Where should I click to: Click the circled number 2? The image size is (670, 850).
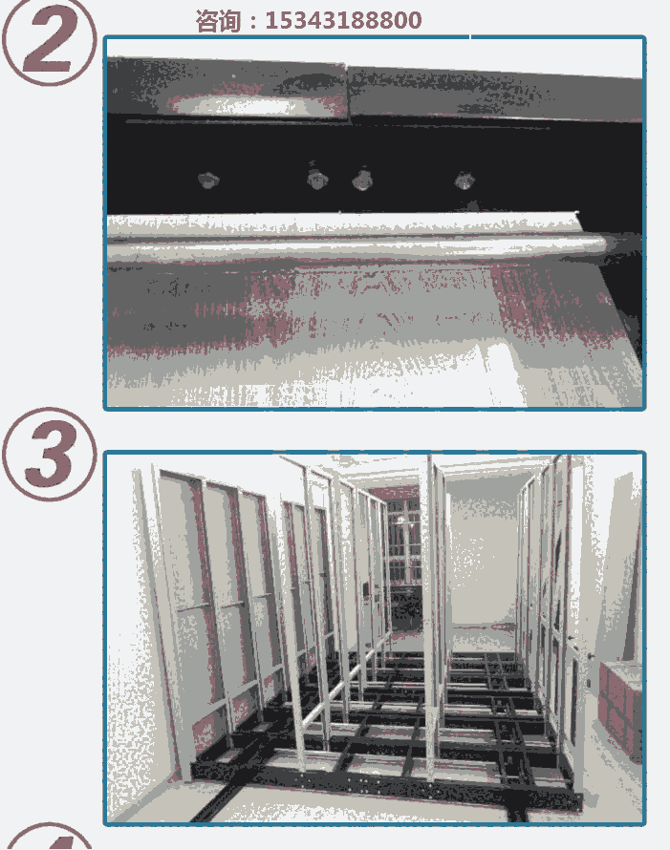click(x=49, y=41)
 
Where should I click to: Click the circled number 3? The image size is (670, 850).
click(x=50, y=454)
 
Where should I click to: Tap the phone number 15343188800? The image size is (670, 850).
click(x=343, y=21)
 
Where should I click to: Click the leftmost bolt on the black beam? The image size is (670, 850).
click(x=207, y=179)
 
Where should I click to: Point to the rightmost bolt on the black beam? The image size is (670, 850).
click(x=465, y=180)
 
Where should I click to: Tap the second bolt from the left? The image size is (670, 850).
click(x=316, y=178)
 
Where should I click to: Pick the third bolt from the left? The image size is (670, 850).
click(x=362, y=180)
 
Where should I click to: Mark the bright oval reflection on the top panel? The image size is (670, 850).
click(x=239, y=105)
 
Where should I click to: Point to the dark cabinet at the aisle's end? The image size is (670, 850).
click(x=407, y=608)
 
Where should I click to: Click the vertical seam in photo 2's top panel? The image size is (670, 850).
click(x=347, y=90)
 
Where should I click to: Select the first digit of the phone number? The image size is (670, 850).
click(x=270, y=21)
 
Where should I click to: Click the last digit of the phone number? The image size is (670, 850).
click(x=414, y=21)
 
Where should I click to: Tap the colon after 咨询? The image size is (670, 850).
click(x=252, y=22)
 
